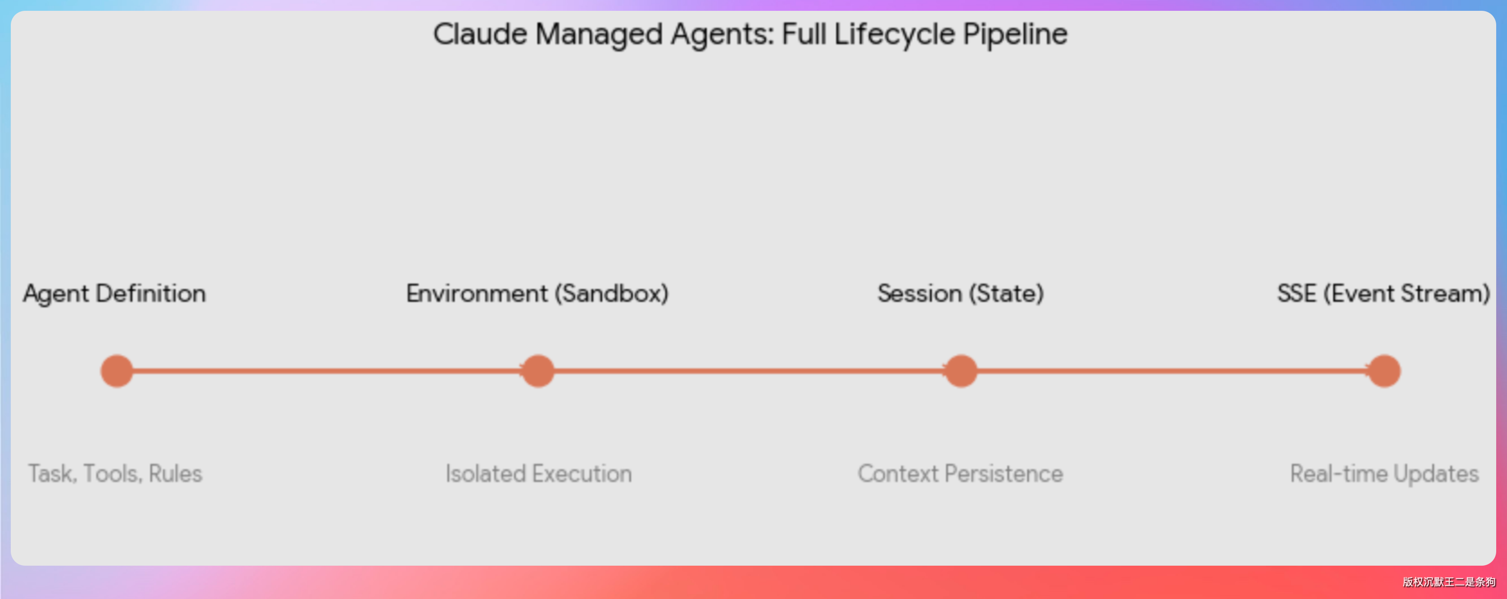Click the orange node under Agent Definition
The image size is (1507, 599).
point(117,371)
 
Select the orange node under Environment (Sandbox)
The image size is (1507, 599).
point(537,371)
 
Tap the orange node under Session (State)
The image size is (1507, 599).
point(961,371)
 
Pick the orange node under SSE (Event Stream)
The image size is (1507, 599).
point(1384,371)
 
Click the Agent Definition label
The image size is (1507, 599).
point(115,293)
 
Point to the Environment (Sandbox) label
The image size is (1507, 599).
point(537,293)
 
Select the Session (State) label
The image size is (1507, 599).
point(961,293)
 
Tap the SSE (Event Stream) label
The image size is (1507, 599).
point(1384,293)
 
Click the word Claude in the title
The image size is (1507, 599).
point(480,34)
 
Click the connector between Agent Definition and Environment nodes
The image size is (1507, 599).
point(327,371)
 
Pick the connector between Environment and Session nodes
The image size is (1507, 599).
point(749,371)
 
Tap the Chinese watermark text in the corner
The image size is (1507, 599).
point(1448,581)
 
